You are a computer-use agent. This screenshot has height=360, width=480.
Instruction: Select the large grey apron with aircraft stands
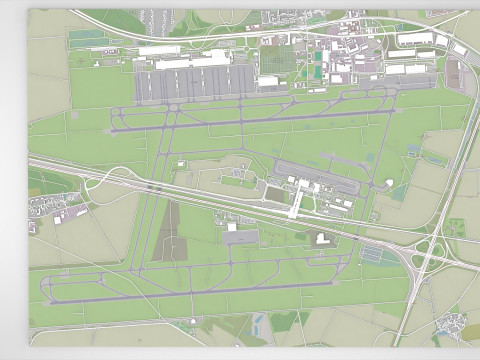195,86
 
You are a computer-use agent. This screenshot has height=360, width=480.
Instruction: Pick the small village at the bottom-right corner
455,322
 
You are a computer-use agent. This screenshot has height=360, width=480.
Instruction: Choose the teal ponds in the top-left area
88,39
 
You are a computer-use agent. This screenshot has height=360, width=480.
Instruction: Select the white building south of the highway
322,238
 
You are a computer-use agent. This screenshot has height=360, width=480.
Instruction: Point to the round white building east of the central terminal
388,184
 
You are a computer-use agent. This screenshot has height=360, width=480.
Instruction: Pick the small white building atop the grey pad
232,227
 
